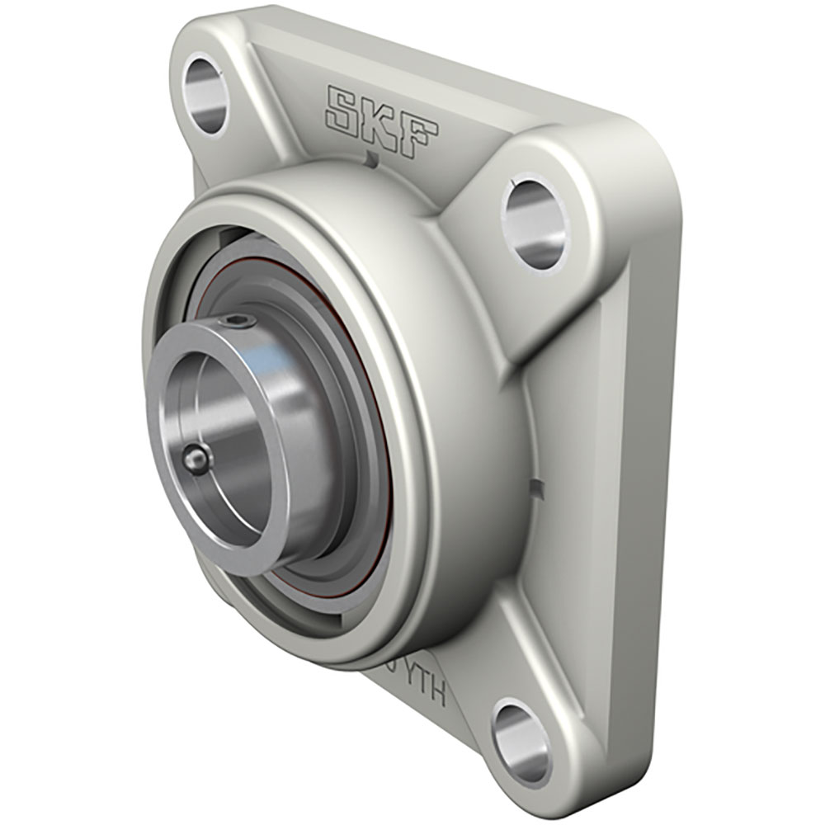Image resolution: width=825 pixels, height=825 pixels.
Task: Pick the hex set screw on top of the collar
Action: pyautogui.click(x=238, y=321)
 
